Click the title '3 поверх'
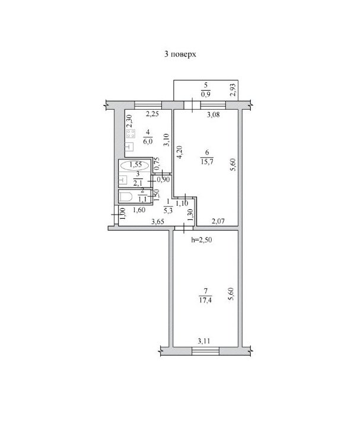[x=180, y=54]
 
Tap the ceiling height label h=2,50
[x=202, y=240]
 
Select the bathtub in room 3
[x=135, y=165]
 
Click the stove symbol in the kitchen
[x=130, y=133]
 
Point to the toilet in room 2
[x=125, y=197]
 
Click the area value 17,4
[x=205, y=300]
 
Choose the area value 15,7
[x=207, y=162]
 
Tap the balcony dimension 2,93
[x=232, y=90]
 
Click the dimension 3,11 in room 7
[x=204, y=340]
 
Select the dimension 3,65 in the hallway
[x=158, y=221]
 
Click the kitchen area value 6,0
[x=148, y=142]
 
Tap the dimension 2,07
[x=218, y=221]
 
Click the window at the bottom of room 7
[x=205, y=351]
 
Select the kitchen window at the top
[x=148, y=105]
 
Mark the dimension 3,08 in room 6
[x=214, y=115]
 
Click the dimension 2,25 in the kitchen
[x=152, y=114]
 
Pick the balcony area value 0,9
[x=206, y=94]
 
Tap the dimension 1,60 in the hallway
[x=139, y=210]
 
